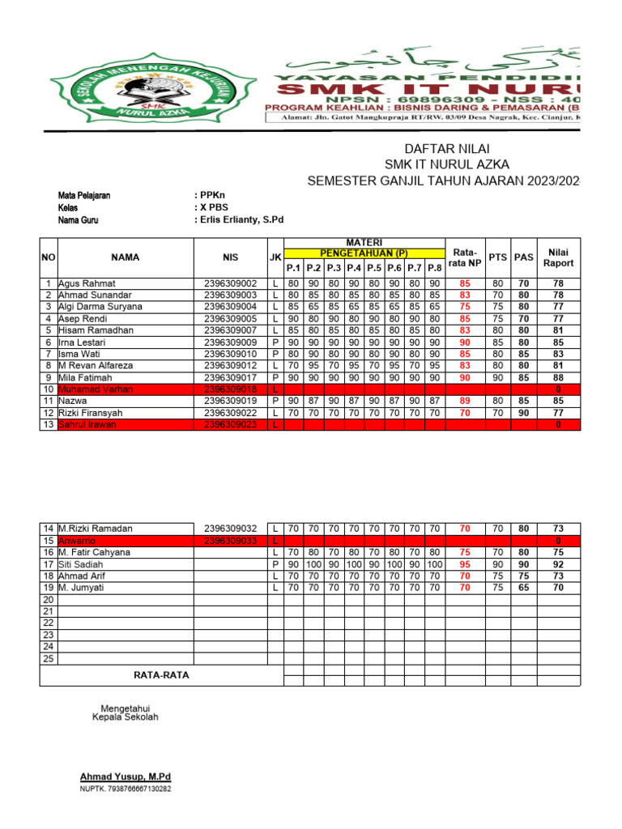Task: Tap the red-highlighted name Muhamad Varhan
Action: coord(96,389)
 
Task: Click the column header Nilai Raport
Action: coord(558,257)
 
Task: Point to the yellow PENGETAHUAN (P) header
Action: coord(364,253)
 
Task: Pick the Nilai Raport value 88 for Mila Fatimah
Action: coord(558,377)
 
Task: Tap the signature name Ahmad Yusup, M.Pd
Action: coord(125,776)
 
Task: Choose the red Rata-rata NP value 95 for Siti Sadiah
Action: coord(465,564)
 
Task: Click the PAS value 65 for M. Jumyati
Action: coord(524,588)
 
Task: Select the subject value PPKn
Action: coord(209,196)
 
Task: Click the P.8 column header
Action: coord(435,268)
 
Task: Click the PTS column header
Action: coord(497,257)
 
